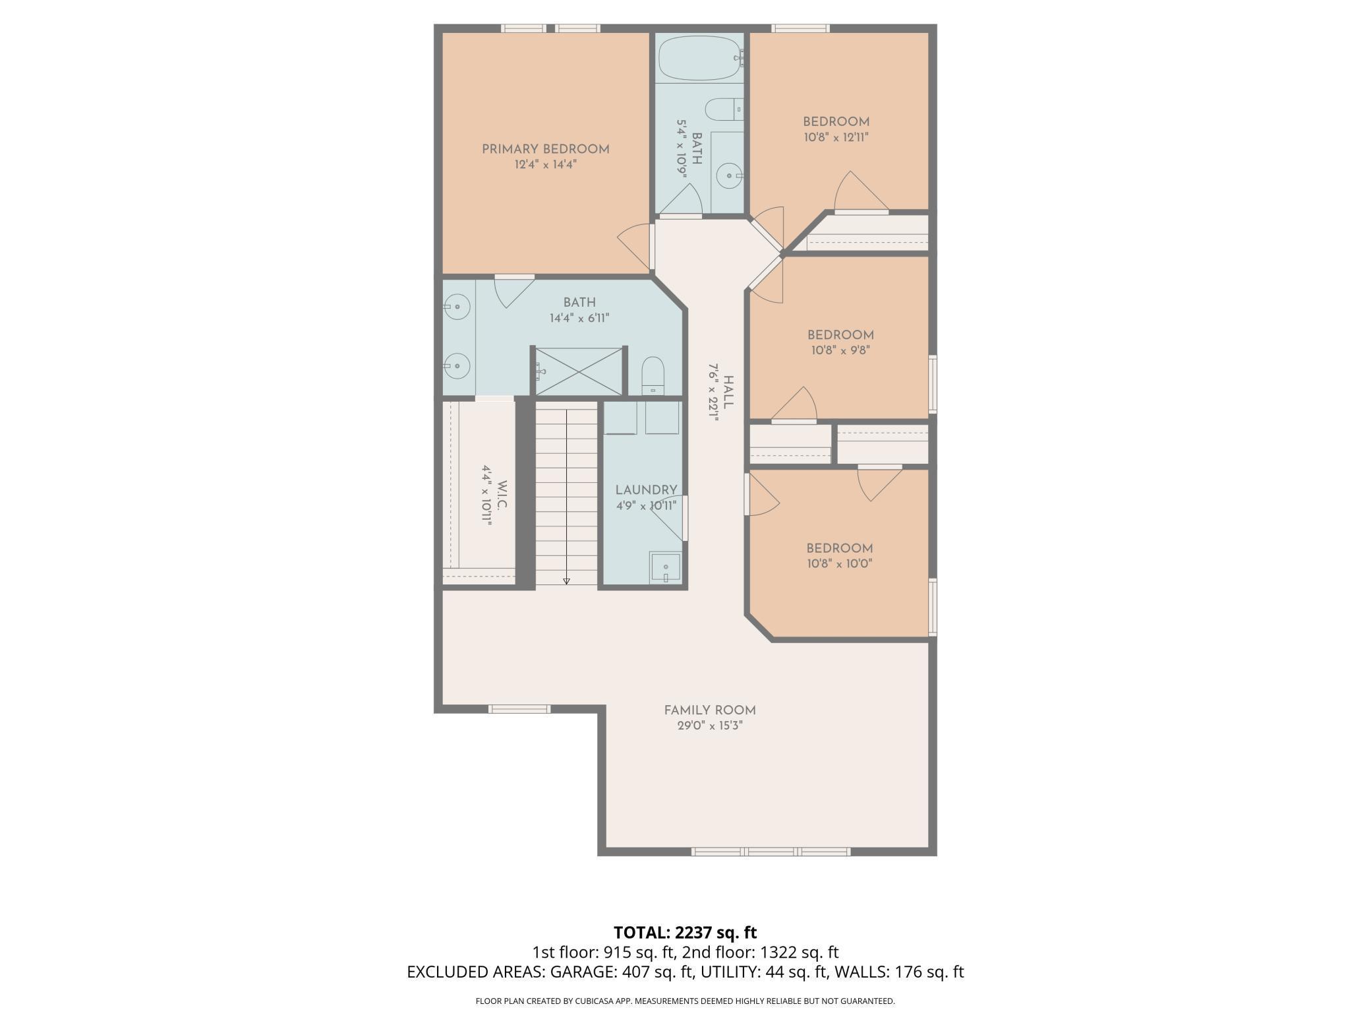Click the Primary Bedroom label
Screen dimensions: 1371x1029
click(545, 149)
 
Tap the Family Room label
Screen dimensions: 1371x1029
click(709, 710)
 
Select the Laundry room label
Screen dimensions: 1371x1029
click(646, 490)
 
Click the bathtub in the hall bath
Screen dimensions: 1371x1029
click(699, 58)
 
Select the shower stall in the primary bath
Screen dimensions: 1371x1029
click(578, 371)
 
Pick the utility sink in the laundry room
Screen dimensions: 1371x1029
click(665, 567)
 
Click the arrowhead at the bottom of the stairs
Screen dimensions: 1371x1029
click(566, 581)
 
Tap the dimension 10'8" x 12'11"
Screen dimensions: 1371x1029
click(836, 137)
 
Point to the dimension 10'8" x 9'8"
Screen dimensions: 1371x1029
click(840, 350)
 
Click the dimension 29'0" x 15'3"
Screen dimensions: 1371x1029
click(709, 726)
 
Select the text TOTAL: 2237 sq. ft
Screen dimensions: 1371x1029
click(685, 933)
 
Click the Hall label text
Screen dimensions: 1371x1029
click(728, 392)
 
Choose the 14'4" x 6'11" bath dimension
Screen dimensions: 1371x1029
click(579, 318)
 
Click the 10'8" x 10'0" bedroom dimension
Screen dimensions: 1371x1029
click(840, 563)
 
